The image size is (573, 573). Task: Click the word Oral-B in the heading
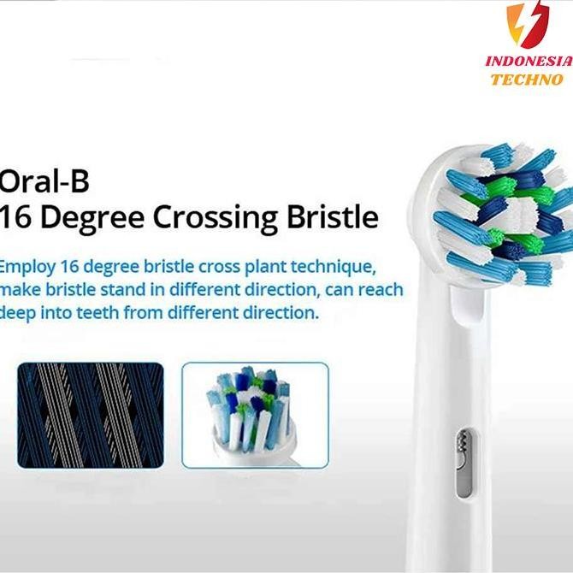pos(44,182)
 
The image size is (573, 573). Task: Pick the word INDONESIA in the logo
pos(527,62)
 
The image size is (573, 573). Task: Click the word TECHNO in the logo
pos(527,79)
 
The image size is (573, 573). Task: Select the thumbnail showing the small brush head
pos(255,414)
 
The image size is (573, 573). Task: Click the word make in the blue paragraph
pos(21,289)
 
